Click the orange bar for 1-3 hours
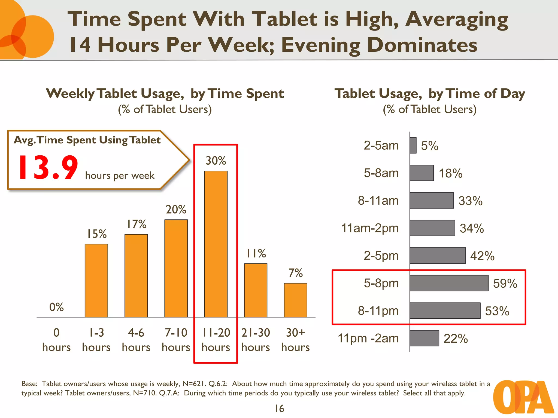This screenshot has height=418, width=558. [96, 281]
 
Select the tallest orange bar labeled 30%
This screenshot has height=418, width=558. [216, 244]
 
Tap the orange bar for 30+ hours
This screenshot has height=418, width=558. [295, 300]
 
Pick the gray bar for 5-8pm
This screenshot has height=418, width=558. [449, 283]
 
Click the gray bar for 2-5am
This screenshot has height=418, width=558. [413, 145]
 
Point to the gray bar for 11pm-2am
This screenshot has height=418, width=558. [424, 338]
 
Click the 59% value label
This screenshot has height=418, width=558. [505, 284]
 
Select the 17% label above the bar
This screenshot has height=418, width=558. [137, 224]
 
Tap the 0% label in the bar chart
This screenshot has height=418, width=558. [56, 307]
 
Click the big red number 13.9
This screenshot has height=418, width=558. [48, 168]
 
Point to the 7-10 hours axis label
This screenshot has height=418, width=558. [176, 340]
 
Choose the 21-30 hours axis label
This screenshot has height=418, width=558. [256, 340]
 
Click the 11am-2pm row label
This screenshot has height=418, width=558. [370, 228]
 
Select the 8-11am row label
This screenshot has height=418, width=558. [378, 201]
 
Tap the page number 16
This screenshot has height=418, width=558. [279, 408]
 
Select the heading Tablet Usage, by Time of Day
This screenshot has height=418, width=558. [430, 94]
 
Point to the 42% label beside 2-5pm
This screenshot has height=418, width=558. [482, 256]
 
